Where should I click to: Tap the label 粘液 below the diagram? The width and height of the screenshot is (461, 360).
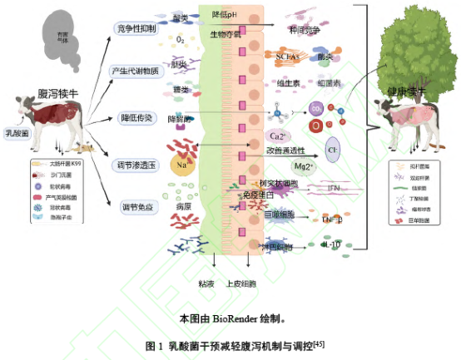coord(206,283)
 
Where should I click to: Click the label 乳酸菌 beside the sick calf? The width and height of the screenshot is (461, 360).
coord(15,131)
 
